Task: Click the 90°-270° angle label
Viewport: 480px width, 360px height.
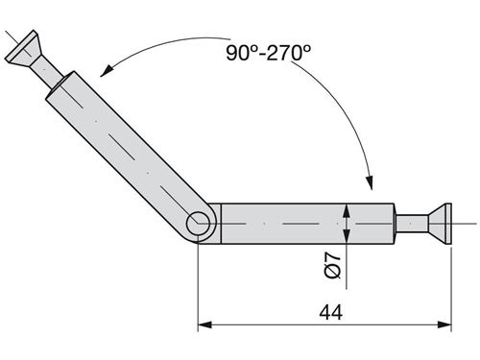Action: pyautogui.click(x=268, y=53)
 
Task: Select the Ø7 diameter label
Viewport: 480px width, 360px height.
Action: pyautogui.click(x=332, y=265)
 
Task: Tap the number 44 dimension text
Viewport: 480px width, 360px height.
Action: pyautogui.click(x=330, y=312)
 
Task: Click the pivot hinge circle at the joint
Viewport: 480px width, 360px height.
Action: pyautogui.click(x=198, y=223)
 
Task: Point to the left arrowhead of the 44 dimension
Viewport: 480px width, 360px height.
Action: pyautogui.click(x=204, y=325)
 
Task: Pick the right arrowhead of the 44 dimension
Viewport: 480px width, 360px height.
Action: pyautogui.click(x=444, y=325)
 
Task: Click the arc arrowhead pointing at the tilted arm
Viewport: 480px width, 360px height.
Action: pyautogui.click(x=107, y=71)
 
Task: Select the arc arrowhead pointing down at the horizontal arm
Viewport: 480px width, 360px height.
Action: pyautogui.click(x=370, y=182)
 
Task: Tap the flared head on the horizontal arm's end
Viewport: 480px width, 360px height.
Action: pyautogui.click(x=440, y=224)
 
